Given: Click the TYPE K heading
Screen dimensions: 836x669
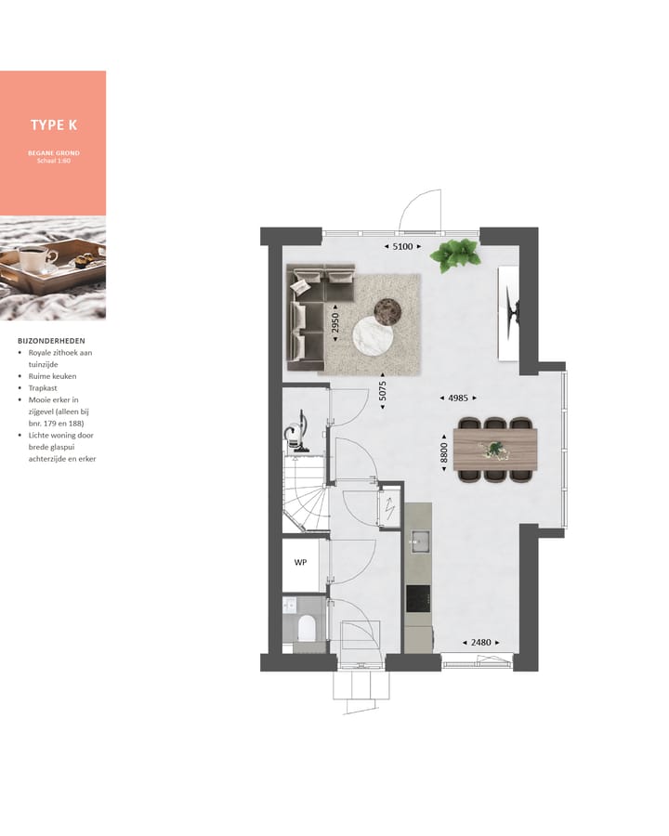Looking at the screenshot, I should click(x=53, y=125).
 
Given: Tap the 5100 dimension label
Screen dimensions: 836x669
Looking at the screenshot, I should click(x=402, y=247).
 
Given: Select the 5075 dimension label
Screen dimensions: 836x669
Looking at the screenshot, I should click(x=381, y=394).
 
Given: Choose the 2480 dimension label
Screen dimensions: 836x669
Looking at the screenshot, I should click(x=480, y=642).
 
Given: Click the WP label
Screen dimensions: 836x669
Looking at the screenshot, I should click(x=300, y=563).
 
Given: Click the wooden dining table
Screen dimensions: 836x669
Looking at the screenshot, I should click(x=495, y=450).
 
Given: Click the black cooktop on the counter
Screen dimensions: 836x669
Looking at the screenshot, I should click(x=418, y=598).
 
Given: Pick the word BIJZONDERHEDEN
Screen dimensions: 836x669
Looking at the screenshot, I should click(x=51, y=341).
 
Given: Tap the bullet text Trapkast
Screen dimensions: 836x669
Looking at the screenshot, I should click(x=40, y=388).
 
